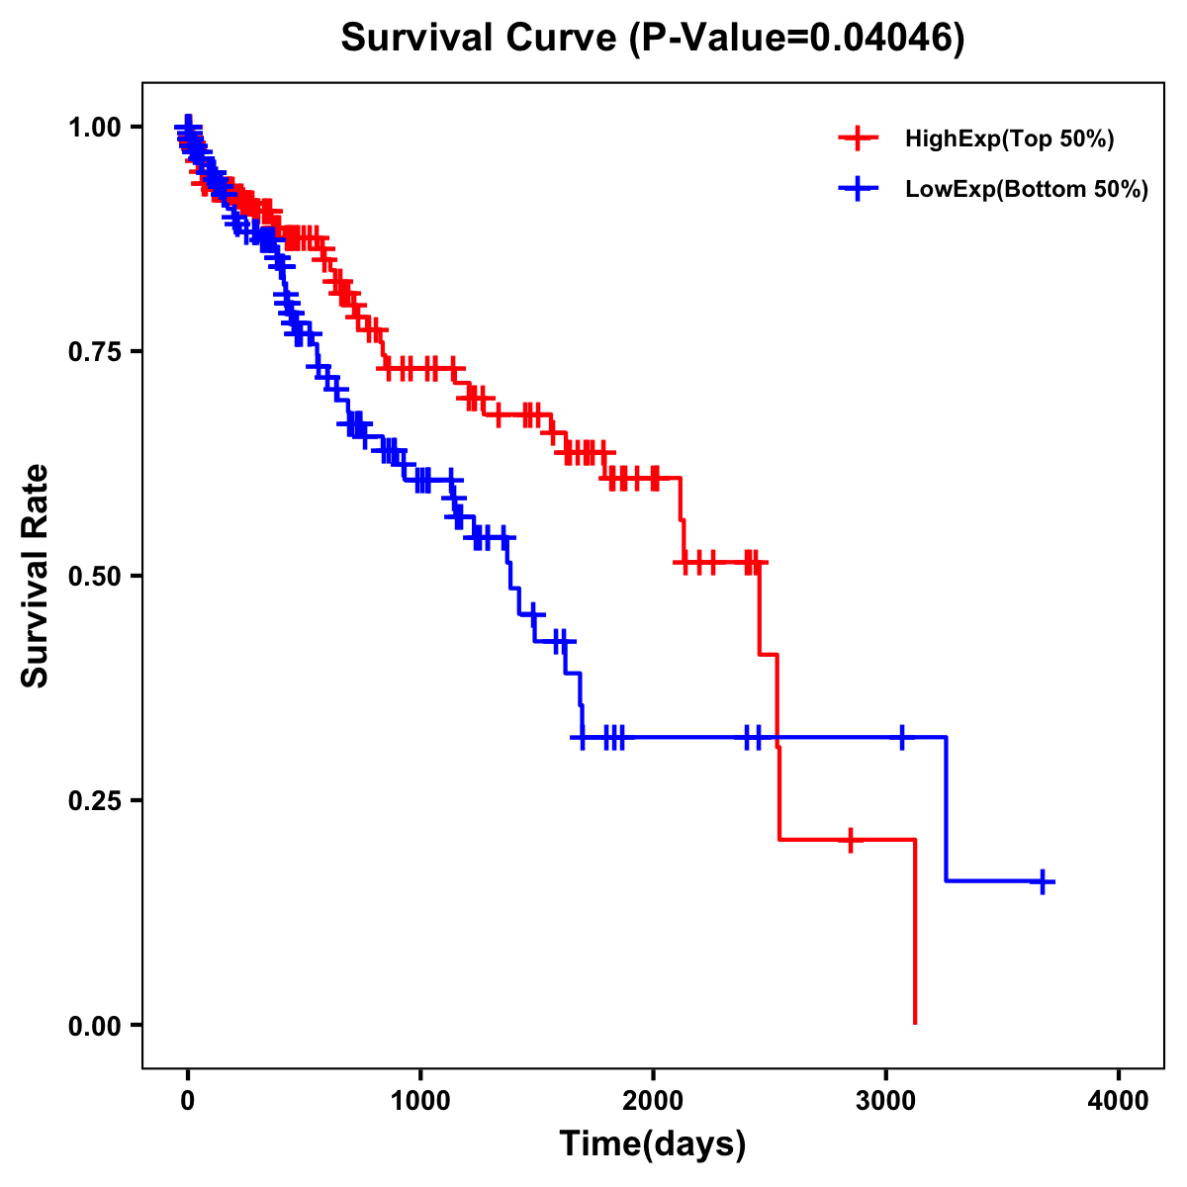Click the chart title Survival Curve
click(x=480, y=38)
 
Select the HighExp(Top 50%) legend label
click(x=1009, y=139)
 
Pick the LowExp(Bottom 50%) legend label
click(x=1027, y=189)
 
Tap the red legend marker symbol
click(x=858, y=139)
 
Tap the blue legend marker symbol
click(x=858, y=189)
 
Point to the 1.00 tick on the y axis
click(x=94, y=127)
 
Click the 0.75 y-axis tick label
click(x=94, y=351)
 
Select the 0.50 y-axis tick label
click(x=94, y=576)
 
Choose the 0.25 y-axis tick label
click(x=94, y=800)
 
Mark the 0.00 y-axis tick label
click(x=94, y=1025)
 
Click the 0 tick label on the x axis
click(x=188, y=1101)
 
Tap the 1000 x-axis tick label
click(x=420, y=1101)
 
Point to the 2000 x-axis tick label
click(x=653, y=1101)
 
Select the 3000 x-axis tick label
click(x=886, y=1101)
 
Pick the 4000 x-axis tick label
click(x=1119, y=1101)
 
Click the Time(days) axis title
click(x=653, y=1144)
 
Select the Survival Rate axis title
click(x=36, y=575)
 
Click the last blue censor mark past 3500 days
click(x=1043, y=881)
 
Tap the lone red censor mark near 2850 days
click(x=851, y=840)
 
